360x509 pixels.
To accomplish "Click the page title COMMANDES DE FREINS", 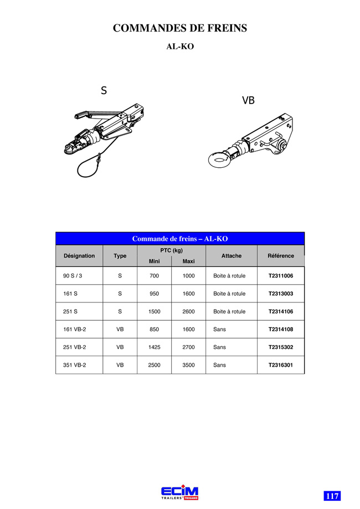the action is click(x=180, y=28).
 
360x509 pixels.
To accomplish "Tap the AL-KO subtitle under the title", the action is click(x=180, y=47).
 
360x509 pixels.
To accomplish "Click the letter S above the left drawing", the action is click(x=104, y=90).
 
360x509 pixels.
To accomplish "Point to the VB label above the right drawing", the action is click(x=248, y=100).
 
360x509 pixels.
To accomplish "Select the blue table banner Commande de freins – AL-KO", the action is click(x=180, y=239).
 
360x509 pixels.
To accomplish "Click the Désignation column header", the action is click(x=79, y=256).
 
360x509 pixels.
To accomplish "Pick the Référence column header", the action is click(x=281, y=256).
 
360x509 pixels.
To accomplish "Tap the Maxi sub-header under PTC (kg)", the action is click(x=189, y=261).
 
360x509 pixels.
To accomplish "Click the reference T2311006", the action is click(x=281, y=276).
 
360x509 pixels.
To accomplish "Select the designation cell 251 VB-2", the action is click(x=75, y=347).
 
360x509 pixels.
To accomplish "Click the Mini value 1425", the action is click(x=154, y=347).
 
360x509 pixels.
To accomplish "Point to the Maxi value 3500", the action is click(x=189, y=365).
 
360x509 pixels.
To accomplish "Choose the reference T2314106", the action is click(x=281, y=312).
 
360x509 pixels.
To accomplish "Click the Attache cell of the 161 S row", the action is click(x=229, y=294).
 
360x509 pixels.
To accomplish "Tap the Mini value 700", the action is click(x=154, y=276).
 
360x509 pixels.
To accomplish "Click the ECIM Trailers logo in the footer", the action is click(x=180, y=492).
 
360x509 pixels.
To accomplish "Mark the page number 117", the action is click(x=332, y=496).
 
